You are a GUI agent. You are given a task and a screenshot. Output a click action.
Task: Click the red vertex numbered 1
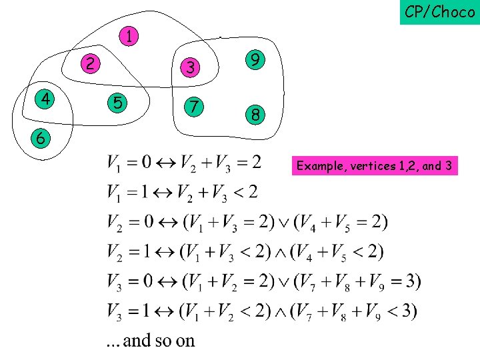[x=129, y=37]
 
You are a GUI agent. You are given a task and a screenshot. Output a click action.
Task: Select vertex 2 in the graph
[x=90, y=63]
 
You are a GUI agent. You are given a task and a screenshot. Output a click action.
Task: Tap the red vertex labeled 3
[x=190, y=67]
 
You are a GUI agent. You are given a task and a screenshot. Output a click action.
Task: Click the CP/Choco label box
[x=439, y=12]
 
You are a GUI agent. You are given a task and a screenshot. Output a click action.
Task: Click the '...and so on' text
[x=151, y=341]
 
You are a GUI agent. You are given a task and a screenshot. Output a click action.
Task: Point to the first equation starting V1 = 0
[x=184, y=163]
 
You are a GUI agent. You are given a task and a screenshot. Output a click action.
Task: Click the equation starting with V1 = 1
[x=181, y=193]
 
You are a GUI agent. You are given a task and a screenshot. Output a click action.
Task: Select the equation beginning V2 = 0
[x=247, y=222]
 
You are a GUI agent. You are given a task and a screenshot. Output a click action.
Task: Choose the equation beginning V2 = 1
[x=245, y=252]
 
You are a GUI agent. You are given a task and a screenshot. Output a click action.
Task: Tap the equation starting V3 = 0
[x=263, y=281]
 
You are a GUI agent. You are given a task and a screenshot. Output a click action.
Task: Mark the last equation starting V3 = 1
[x=262, y=311]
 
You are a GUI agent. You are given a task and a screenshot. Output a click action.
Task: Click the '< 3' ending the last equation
[x=402, y=311]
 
